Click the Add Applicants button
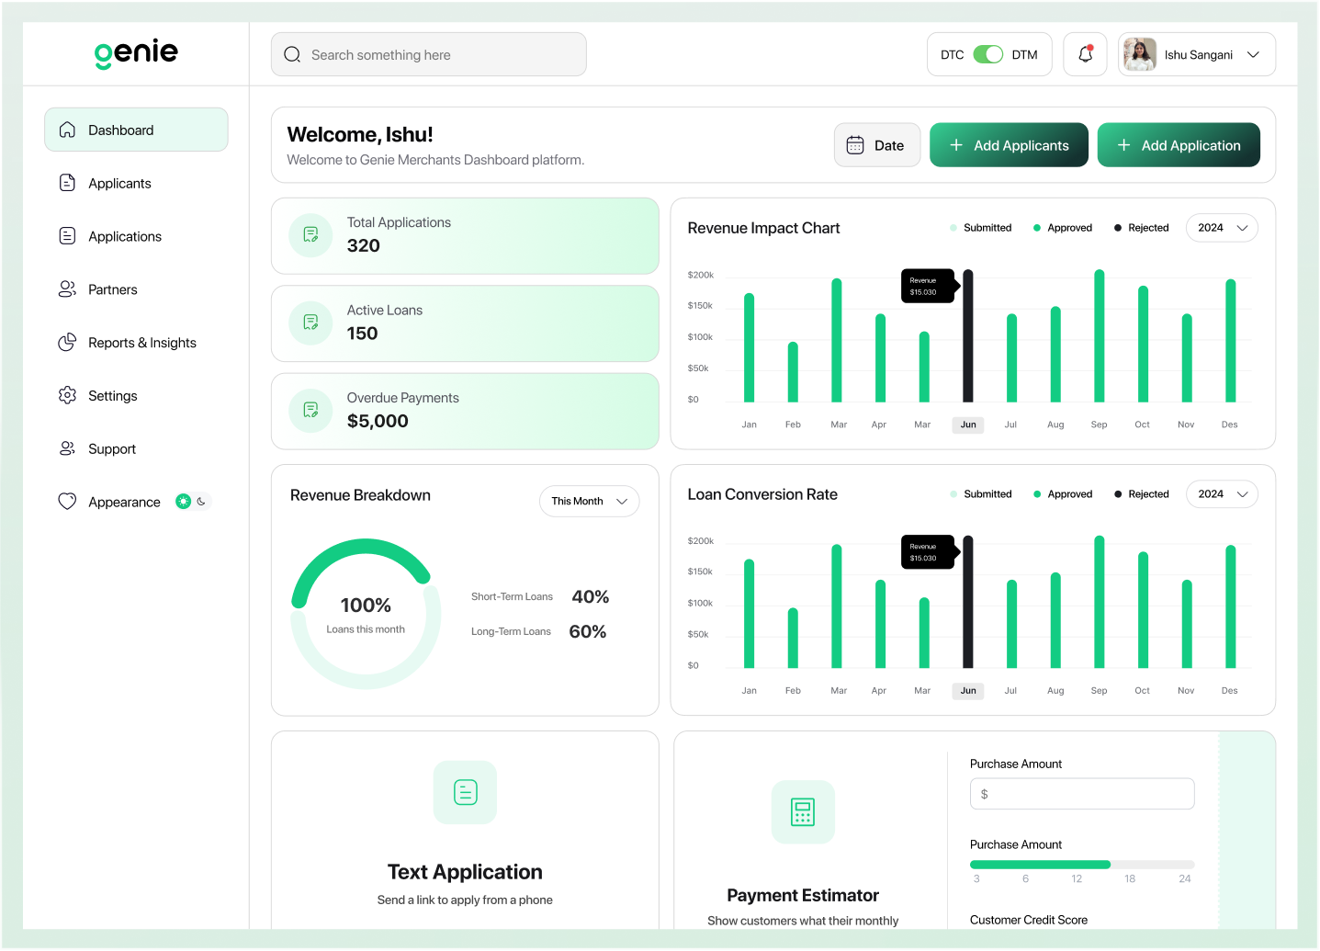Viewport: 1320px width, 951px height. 1009,145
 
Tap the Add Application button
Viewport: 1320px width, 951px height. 1179,145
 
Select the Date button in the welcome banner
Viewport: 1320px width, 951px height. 877,145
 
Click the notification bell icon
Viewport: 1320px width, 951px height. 1086,54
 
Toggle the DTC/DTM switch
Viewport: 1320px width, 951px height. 987,54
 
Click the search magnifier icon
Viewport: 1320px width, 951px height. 292,54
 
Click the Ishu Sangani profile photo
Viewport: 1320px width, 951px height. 1140,54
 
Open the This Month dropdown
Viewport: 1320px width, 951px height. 590,501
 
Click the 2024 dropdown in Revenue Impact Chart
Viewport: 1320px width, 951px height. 1222,228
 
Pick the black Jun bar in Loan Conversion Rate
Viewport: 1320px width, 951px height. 968,602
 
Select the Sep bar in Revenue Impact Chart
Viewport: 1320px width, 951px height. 1099,336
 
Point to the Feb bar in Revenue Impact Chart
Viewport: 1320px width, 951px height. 793,372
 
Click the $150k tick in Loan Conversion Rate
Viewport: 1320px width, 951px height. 700,572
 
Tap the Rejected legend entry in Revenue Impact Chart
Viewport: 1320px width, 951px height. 1142,228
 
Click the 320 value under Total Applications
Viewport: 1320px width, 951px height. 364,245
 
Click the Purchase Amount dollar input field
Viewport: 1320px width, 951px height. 1082,794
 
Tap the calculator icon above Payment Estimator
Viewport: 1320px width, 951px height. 803,812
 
